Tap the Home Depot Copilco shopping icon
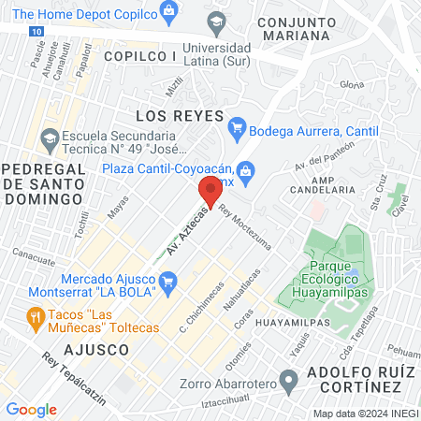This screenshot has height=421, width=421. pyautogui.click(x=168, y=11)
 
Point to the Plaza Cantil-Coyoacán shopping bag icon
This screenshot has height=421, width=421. pyautogui.click(x=246, y=169)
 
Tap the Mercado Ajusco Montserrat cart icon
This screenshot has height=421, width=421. pyautogui.click(x=168, y=280)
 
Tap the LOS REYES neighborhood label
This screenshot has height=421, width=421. pyautogui.click(x=180, y=116)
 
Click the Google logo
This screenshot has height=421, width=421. pyautogui.click(x=31, y=409)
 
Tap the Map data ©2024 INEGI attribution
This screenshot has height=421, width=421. pyautogui.click(x=365, y=413)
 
